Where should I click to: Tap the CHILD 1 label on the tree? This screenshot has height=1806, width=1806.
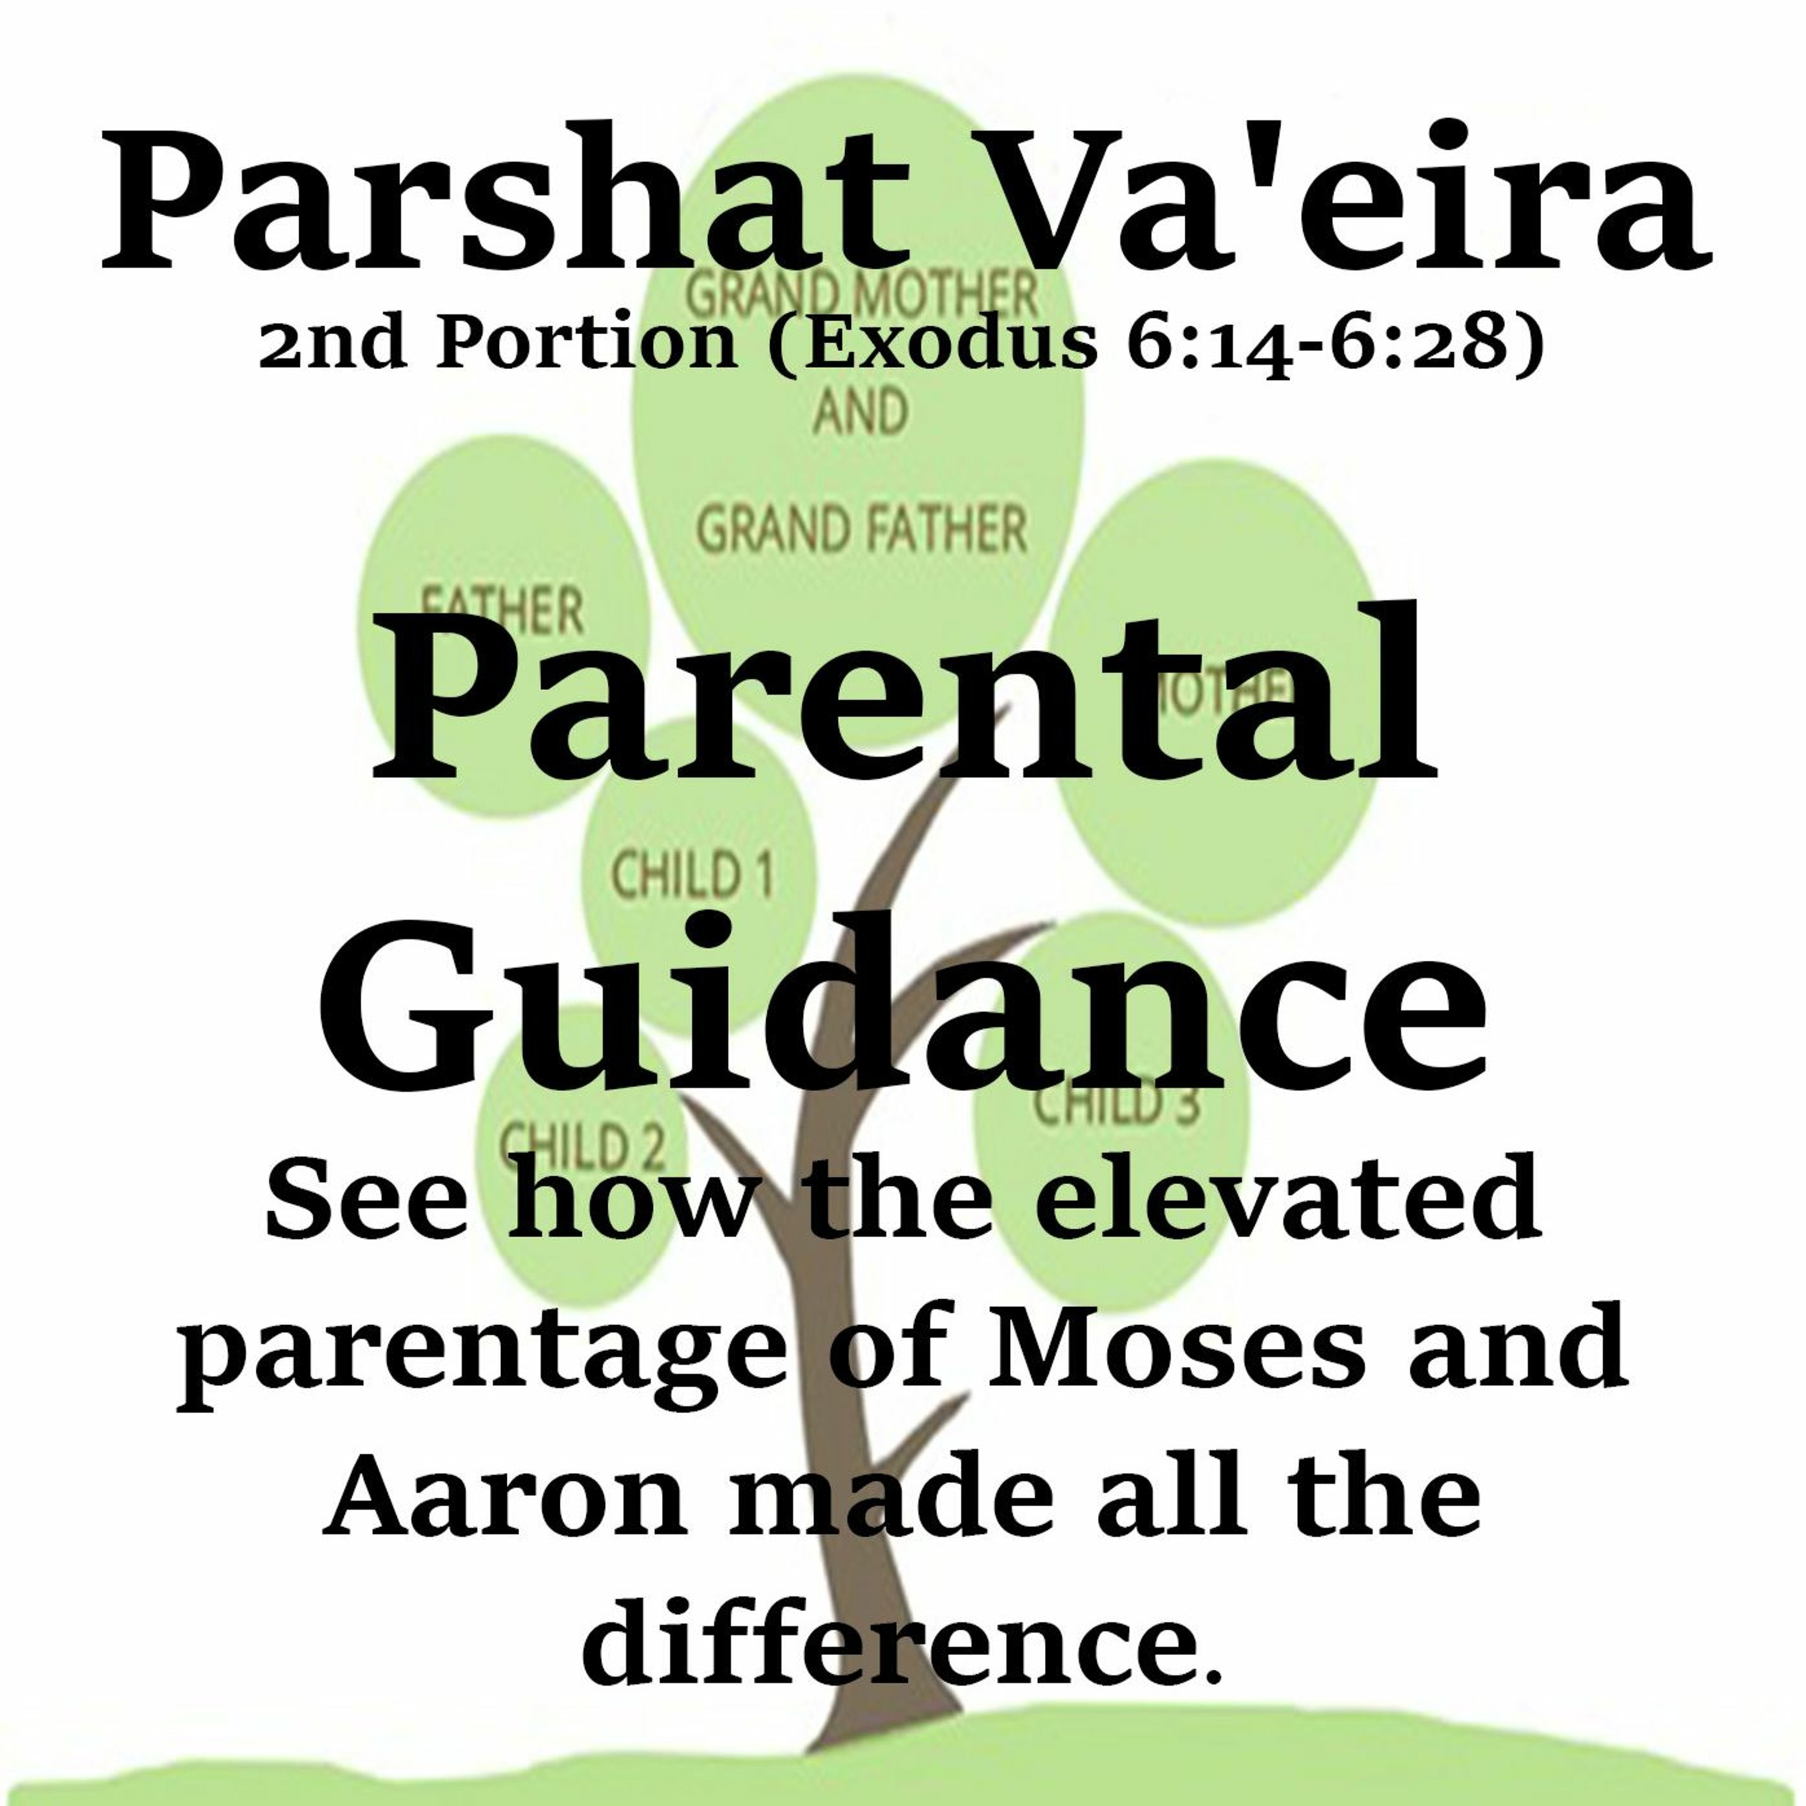pos(692,875)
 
